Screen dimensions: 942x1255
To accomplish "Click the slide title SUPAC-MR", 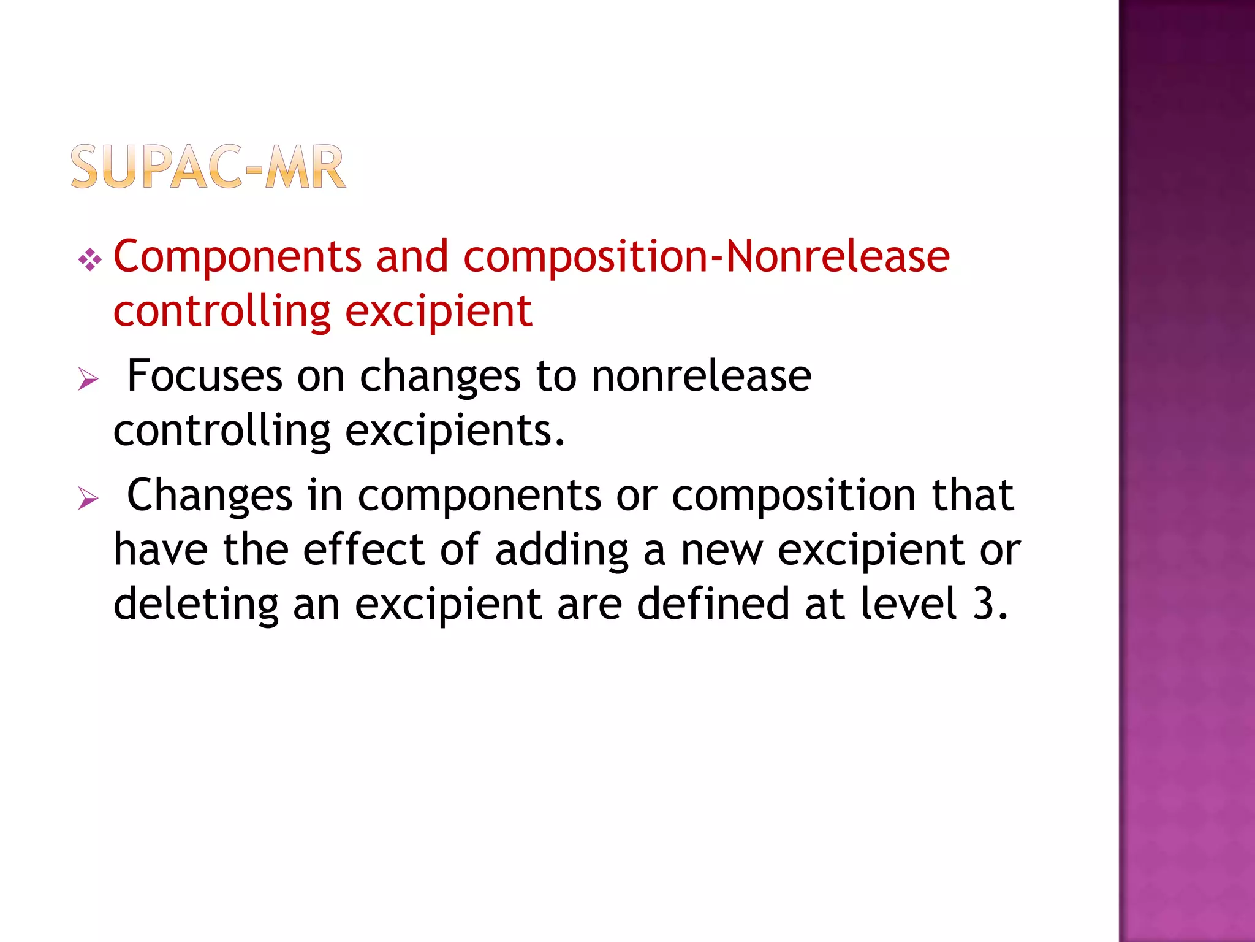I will point(208,167).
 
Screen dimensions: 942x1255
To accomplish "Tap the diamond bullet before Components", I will point(90,260).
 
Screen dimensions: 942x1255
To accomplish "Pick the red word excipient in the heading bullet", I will point(439,312).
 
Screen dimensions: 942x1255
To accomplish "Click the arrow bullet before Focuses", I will point(89,380).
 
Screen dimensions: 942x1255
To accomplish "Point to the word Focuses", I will point(205,376).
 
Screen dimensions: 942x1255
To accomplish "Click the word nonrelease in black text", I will point(701,376).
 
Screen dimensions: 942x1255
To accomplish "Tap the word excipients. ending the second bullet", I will point(455,431).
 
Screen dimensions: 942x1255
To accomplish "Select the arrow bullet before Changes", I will point(89,499).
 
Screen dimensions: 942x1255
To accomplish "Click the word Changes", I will point(210,496).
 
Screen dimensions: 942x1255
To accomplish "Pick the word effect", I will point(364,549).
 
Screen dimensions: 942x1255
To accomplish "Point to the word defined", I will point(713,603).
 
